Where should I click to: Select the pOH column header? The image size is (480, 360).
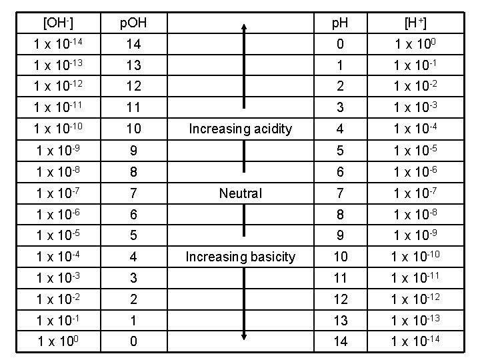coord(133,23)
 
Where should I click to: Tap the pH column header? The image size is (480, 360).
coord(341,23)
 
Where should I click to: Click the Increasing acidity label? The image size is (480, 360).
coord(241,129)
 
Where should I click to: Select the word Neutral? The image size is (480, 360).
coord(241,193)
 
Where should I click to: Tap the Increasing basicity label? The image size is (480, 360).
coord(241,257)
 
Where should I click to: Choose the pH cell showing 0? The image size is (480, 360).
coord(341,44)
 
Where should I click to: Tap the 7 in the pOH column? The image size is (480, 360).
coord(133,193)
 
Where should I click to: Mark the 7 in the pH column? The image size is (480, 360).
coord(341,193)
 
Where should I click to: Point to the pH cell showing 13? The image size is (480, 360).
coord(341,320)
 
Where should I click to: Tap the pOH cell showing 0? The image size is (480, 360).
coord(133,341)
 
